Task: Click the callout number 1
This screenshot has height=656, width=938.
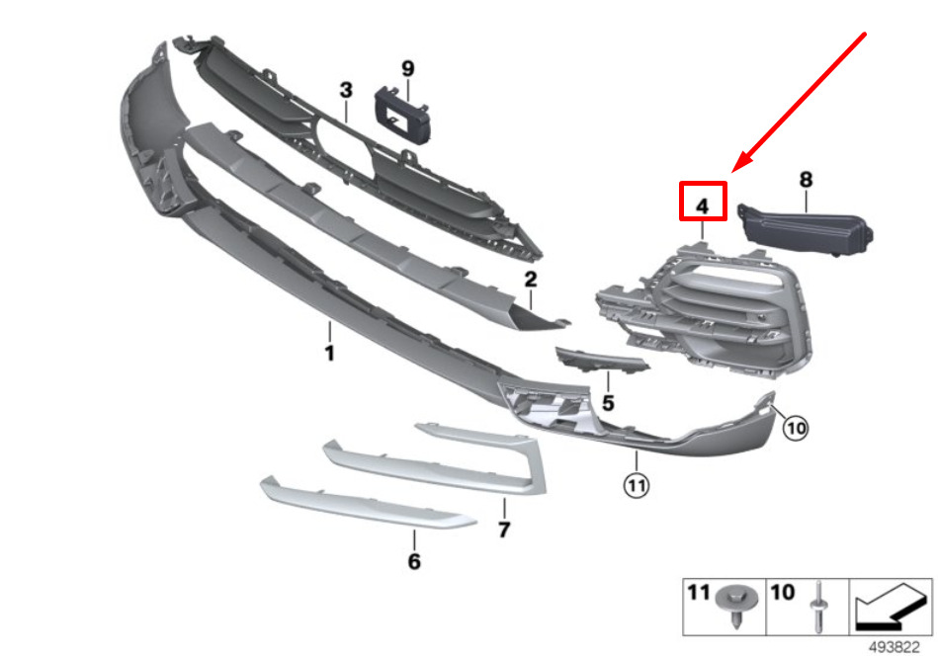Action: click(x=329, y=353)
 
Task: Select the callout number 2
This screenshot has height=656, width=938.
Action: click(x=530, y=280)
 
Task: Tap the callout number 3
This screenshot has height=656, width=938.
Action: click(x=346, y=90)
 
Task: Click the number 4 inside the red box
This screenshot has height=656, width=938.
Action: click(x=703, y=206)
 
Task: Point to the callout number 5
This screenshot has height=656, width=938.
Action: click(x=608, y=403)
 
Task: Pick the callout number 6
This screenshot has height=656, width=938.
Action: click(x=414, y=561)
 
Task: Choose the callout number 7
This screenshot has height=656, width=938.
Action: click(x=504, y=530)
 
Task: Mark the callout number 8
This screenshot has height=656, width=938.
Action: click(x=806, y=180)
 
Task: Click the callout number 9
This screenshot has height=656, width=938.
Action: click(x=408, y=69)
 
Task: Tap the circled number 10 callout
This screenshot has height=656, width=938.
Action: click(x=796, y=428)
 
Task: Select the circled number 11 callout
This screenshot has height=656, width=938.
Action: click(x=636, y=485)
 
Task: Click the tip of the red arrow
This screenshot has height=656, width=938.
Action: click(x=732, y=171)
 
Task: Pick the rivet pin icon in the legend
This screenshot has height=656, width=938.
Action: click(x=817, y=607)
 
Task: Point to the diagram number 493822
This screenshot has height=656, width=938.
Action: click(x=895, y=647)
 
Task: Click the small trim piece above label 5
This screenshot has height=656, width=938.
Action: click(x=601, y=360)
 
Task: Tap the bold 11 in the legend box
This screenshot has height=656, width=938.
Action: click(x=698, y=593)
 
